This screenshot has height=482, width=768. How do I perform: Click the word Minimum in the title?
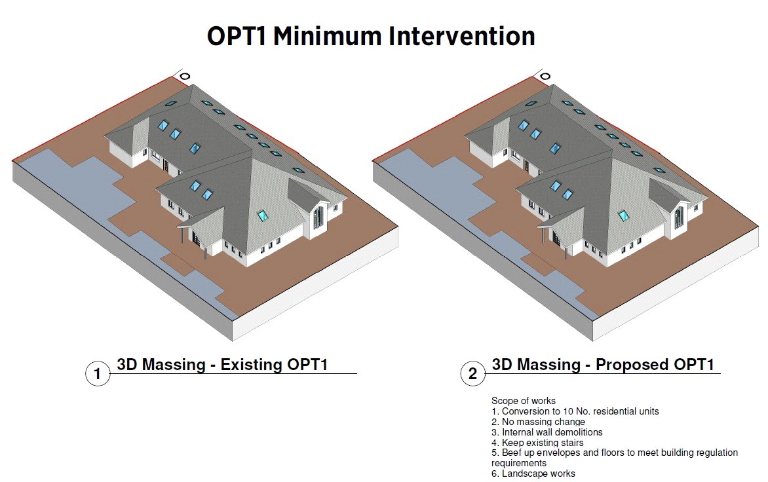(327, 36)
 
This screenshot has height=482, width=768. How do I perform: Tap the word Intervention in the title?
(462, 36)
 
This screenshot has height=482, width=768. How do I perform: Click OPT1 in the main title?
(236, 36)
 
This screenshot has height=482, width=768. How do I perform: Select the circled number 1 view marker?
(98, 374)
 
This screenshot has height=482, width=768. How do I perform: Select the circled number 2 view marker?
(472, 374)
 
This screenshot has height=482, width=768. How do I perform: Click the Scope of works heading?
(523, 401)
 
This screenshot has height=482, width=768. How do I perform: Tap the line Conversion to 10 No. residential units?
(575, 411)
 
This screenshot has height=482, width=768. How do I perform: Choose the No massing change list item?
(538, 422)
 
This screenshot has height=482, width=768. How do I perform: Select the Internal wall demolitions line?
(547, 432)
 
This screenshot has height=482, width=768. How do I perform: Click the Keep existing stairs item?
(537, 443)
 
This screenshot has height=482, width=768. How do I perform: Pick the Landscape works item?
(533, 473)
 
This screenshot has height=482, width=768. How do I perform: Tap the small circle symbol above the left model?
(185, 77)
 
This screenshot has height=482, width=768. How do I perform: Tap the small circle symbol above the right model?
(545, 77)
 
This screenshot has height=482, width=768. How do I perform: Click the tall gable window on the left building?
(318, 217)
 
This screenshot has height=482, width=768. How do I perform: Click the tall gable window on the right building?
(678, 217)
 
